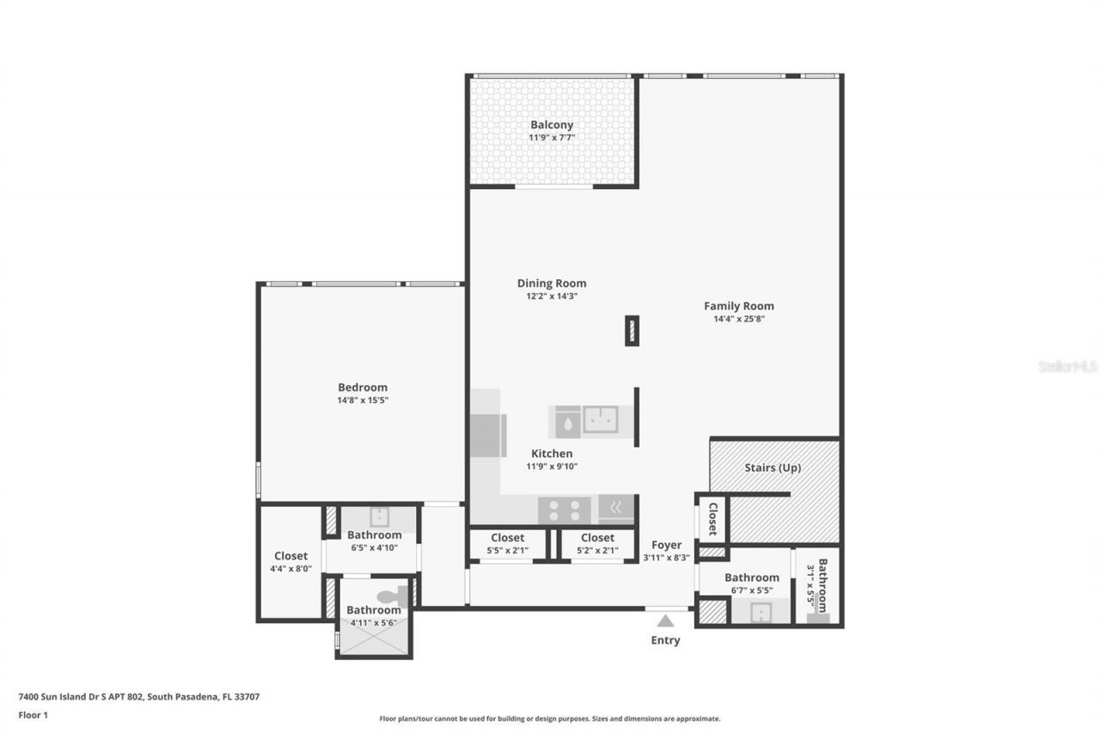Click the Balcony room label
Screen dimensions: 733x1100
[x=552, y=125]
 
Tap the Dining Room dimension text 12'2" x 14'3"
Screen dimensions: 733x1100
[x=552, y=296]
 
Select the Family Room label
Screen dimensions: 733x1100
[x=738, y=306]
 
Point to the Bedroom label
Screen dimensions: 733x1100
[x=362, y=388]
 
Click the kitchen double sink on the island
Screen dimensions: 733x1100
[x=601, y=419]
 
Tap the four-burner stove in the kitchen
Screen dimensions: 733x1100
[x=564, y=510]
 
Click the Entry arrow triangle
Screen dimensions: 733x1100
[x=665, y=620]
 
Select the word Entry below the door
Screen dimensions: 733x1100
[x=665, y=640]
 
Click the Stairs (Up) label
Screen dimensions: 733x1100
[x=773, y=468]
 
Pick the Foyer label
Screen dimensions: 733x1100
[x=667, y=545]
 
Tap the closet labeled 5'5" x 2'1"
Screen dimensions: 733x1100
[x=508, y=544]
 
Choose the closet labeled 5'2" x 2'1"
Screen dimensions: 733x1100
[x=597, y=544]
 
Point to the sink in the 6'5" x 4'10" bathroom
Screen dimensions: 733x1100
[x=380, y=516]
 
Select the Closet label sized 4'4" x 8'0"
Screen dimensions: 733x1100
[x=290, y=562]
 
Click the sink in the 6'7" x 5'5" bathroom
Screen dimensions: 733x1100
[x=760, y=612]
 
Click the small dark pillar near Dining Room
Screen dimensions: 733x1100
[x=632, y=331]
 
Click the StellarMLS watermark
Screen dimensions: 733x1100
[x=1067, y=366]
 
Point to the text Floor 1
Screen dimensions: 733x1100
[x=34, y=714]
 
